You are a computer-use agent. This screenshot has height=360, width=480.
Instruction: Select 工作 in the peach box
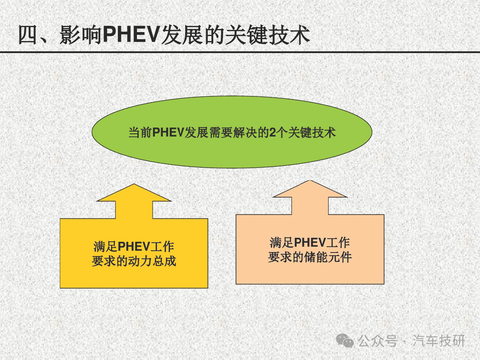[338, 243]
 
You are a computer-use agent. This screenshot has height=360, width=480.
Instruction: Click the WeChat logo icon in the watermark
[345, 341]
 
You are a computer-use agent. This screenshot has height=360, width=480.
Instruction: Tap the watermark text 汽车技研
[439, 341]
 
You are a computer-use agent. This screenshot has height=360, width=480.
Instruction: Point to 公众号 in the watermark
[377, 341]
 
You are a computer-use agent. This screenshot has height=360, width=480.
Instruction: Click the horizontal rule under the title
[240, 52]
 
